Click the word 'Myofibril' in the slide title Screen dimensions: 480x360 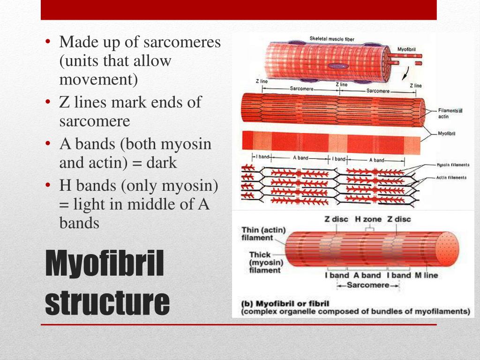pyautogui.click(x=105, y=263)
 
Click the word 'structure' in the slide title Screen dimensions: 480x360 pyautogui.click(x=107, y=302)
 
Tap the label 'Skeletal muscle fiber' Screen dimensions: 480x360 pyautogui.click(x=332, y=39)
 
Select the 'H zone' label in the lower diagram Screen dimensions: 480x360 pyautogui.click(x=368, y=219)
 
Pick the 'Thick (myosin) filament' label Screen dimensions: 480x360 pyautogui.click(x=265, y=262)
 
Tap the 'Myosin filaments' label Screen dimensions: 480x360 pyautogui.click(x=452, y=165)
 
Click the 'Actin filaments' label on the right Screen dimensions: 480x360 pyautogui.click(x=451, y=178)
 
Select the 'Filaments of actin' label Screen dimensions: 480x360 pyautogui.click(x=450, y=113)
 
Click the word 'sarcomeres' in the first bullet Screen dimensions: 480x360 pyautogui.click(x=182, y=42)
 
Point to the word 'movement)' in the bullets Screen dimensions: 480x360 pyautogui.click(x=98, y=80)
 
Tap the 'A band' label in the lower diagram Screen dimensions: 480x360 pyautogui.click(x=367, y=275)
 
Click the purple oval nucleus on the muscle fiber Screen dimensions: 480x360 pyautogui.click(x=336, y=67)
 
